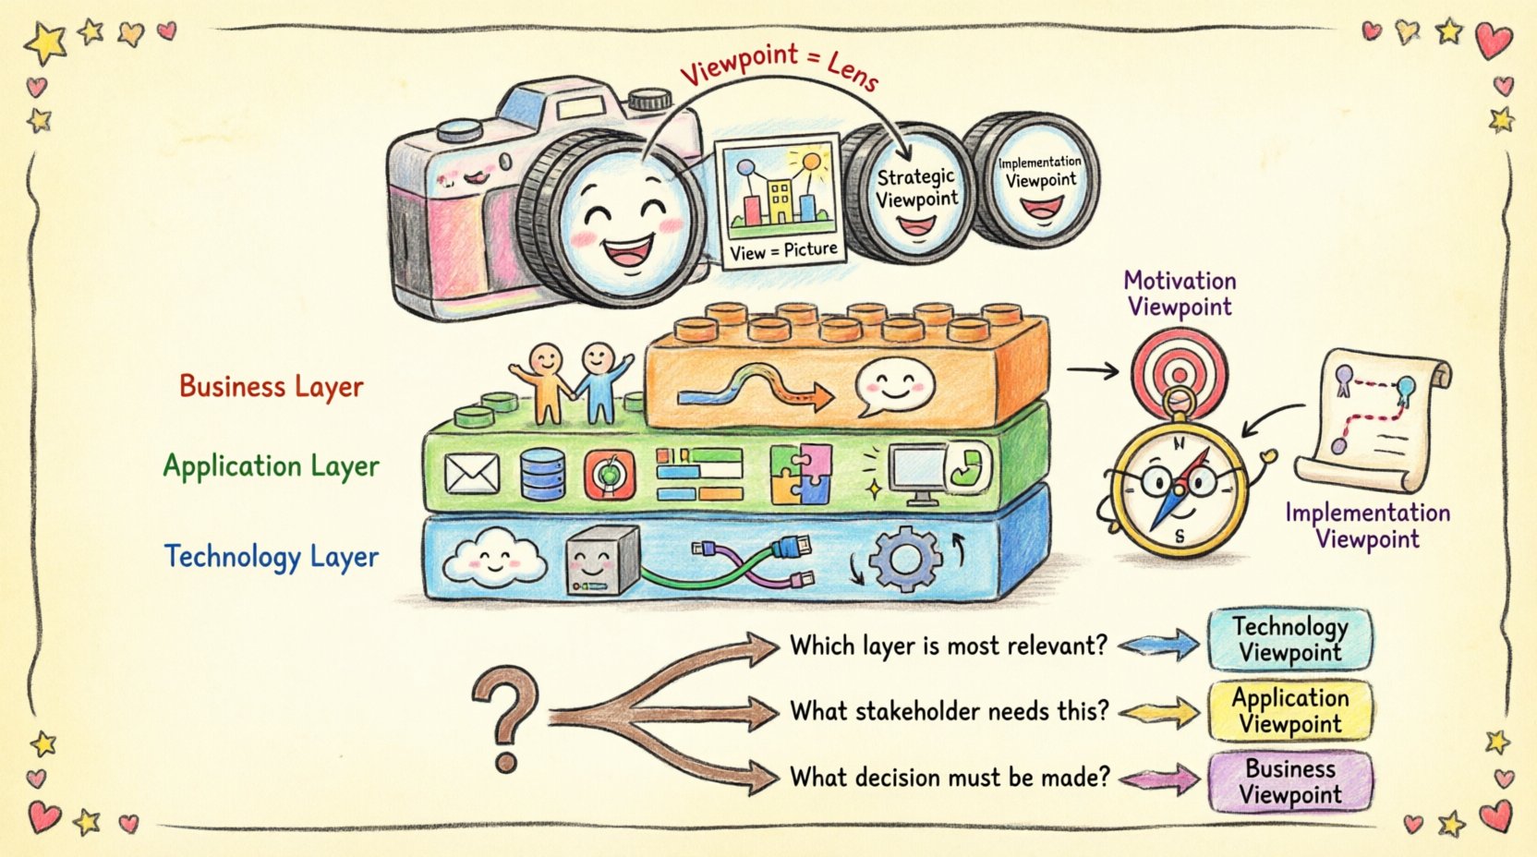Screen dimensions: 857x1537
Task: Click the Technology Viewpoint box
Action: click(1289, 639)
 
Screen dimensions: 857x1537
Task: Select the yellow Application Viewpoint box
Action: click(1289, 710)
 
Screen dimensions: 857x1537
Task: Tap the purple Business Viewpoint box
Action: click(1289, 781)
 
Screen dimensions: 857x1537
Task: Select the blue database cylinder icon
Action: click(542, 473)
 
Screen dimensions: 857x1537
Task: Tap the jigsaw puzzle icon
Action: click(800, 473)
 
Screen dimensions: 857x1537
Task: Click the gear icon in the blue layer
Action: click(904, 558)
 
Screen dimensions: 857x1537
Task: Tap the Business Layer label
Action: click(271, 385)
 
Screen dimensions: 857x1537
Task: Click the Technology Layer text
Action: click(271, 557)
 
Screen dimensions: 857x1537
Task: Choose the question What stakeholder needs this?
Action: click(949, 711)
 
